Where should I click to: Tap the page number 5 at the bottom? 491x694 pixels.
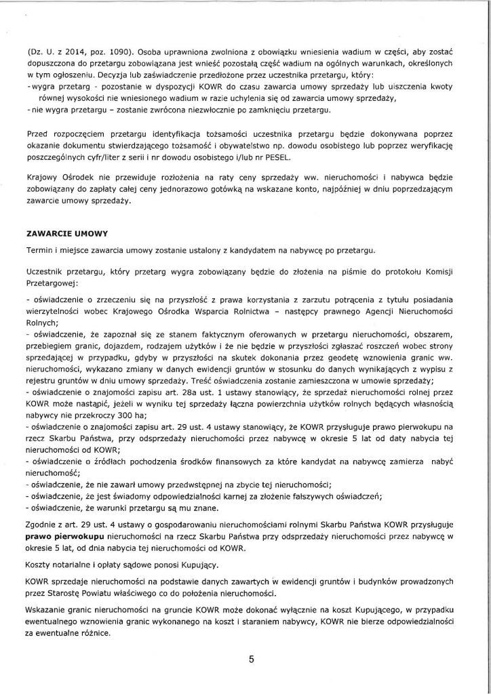pyautogui.click(x=250, y=664)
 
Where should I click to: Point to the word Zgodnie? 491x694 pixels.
pyautogui.click(x=40, y=524)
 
